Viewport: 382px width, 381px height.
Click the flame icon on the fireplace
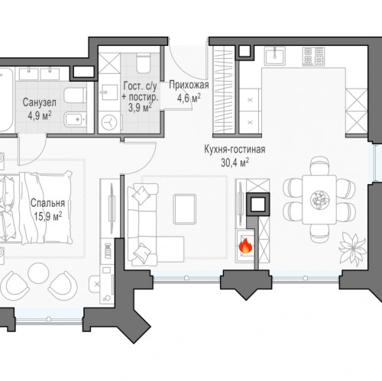[x=245, y=245]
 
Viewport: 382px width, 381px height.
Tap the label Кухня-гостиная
[x=235, y=150]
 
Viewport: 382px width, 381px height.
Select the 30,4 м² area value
[x=235, y=163]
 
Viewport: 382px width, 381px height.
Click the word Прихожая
[x=189, y=85]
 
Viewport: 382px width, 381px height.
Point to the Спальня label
[x=47, y=203]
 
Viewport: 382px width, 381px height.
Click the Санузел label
[x=40, y=102]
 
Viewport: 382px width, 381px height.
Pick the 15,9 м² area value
[x=48, y=216]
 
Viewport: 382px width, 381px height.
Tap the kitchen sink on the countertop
[x=274, y=56]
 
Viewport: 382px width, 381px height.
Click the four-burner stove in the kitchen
[x=313, y=57]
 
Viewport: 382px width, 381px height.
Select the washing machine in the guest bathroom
[x=109, y=123]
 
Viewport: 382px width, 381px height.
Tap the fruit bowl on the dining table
[x=320, y=200]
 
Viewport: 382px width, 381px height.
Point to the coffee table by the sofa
[x=185, y=209]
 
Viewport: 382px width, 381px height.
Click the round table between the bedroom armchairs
[x=38, y=273]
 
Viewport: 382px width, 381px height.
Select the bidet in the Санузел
[x=75, y=119]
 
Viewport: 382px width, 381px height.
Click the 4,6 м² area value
[x=189, y=98]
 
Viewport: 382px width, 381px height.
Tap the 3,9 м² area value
[x=140, y=107]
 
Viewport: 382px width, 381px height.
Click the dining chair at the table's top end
[x=320, y=166]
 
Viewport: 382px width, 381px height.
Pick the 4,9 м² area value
[x=40, y=115]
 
